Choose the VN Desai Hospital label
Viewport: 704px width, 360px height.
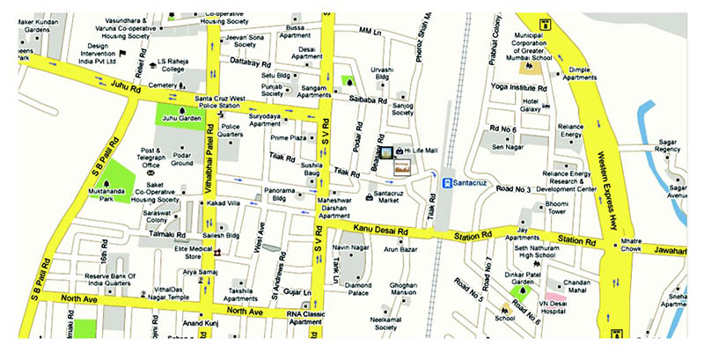click(571, 304)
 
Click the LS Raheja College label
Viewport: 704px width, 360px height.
click(179, 66)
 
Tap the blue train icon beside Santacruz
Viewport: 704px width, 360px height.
click(447, 183)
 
